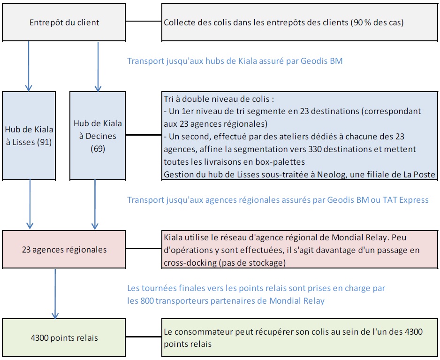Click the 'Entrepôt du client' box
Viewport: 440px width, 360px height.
[x=64, y=22]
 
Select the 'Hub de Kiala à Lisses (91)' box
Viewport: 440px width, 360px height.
[x=29, y=135]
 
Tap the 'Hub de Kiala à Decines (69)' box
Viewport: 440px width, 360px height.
[x=98, y=135]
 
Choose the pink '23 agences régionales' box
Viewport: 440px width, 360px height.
[x=64, y=250]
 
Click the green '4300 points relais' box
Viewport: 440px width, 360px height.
[x=64, y=337]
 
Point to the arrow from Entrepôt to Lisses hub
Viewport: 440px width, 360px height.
[x=29, y=66]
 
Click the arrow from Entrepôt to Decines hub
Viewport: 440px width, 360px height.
[x=98, y=66]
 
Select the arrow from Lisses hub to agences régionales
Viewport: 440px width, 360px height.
[x=30, y=205]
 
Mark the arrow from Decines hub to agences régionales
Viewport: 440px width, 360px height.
[x=95, y=205]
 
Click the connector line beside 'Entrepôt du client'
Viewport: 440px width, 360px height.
[x=144, y=22]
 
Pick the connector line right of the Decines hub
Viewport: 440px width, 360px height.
[x=144, y=135]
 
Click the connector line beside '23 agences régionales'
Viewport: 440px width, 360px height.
[x=144, y=249]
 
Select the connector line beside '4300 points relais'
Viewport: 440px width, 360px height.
[x=144, y=337]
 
